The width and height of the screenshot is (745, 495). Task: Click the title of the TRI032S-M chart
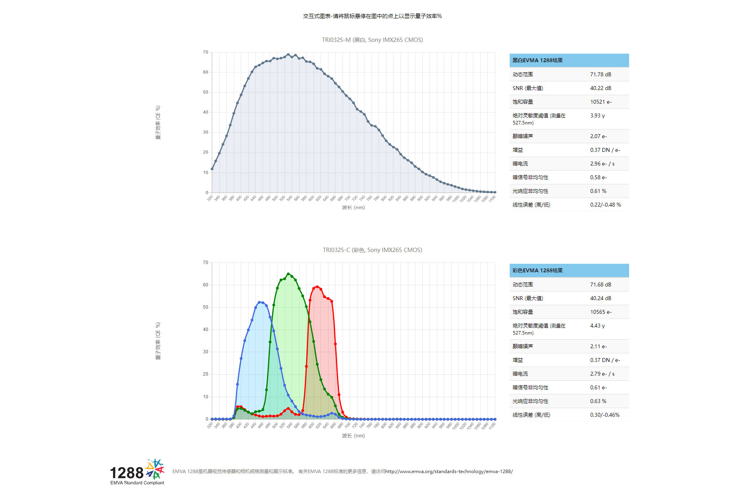372,40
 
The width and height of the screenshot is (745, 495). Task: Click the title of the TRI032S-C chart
372,250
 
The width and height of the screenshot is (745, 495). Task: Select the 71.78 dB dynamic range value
601,74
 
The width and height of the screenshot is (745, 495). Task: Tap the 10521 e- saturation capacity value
601,102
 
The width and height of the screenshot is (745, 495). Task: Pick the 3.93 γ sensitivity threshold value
597,115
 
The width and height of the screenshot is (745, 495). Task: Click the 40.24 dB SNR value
601,298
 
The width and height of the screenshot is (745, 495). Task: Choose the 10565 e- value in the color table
601,312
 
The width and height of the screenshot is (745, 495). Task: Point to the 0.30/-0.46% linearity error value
604,415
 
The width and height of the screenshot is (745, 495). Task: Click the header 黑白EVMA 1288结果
538,60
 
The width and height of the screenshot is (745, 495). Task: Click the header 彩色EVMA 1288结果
538,270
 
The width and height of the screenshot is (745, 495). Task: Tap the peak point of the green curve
288,274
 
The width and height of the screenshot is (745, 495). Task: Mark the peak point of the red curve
317,286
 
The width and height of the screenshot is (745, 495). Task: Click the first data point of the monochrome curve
212,169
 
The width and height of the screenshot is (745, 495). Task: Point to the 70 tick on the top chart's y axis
206,52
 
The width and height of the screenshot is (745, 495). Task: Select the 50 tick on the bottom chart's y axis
206,307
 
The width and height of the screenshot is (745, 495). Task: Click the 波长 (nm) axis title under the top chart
353,207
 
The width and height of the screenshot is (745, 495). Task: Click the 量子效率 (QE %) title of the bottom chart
158,341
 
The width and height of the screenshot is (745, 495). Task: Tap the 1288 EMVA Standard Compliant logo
137,472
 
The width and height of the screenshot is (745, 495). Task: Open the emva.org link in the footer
449,472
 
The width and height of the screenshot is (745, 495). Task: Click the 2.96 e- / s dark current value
602,164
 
